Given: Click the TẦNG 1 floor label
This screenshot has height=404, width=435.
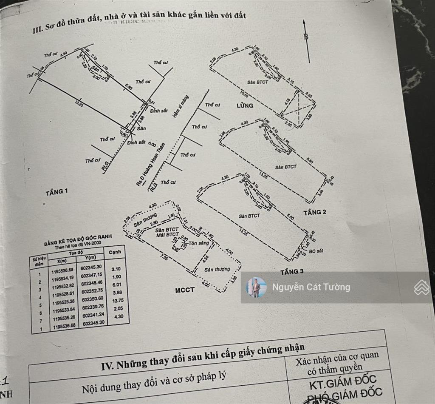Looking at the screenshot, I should click(x=56, y=192).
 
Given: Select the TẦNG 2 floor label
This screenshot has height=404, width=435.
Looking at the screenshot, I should click(x=315, y=212).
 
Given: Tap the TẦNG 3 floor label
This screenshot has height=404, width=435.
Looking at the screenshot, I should click(x=292, y=272).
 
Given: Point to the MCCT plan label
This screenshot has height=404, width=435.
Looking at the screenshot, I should click(x=185, y=290).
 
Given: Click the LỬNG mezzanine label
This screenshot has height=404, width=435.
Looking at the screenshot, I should click(x=245, y=105).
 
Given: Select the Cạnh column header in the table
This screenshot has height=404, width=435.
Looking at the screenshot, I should click(x=114, y=252).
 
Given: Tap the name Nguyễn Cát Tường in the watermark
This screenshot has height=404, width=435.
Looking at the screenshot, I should click(x=311, y=287).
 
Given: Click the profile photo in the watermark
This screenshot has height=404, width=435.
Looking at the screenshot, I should click(x=256, y=287).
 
